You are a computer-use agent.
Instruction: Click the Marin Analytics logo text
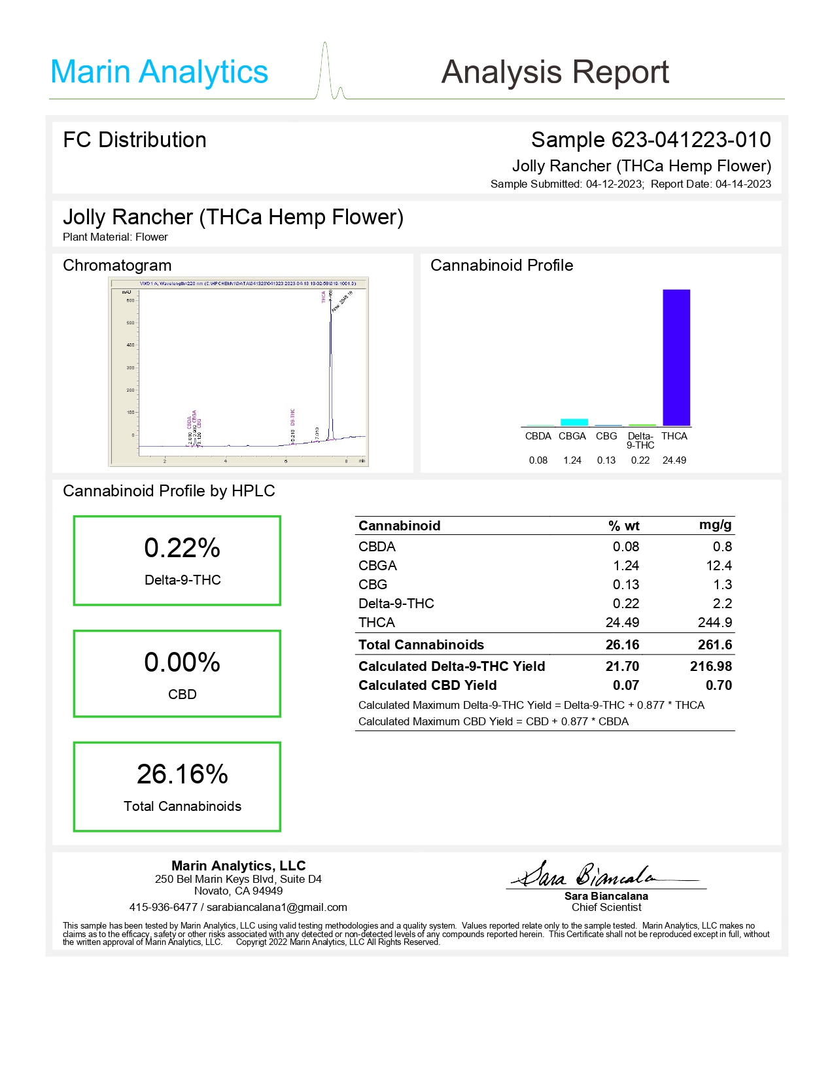pos(159,72)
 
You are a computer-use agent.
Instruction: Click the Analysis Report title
pos(555,72)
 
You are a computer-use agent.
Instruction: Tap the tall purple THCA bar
pos(676,358)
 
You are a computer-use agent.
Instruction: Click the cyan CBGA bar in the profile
pos(574,422)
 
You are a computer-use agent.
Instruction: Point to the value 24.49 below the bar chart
pos(674,460)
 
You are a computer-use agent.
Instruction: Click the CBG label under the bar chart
pos(606,436)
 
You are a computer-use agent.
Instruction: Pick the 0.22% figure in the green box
pos(182,548)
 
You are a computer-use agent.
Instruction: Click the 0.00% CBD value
pos(182,662)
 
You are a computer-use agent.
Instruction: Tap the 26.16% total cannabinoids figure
pos(182,774)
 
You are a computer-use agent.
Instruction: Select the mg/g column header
pos(715,525)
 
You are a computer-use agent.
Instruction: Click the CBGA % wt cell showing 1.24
pos(626,566)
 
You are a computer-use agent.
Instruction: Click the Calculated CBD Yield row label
pos(427,685)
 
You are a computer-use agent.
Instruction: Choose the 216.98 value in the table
pos(710,666)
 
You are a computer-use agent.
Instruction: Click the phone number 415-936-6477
pos(164,907)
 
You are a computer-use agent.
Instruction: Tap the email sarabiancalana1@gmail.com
pos(277,907)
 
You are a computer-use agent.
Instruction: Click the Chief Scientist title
pos(606,907)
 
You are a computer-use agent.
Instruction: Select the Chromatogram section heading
pos(117,265)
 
